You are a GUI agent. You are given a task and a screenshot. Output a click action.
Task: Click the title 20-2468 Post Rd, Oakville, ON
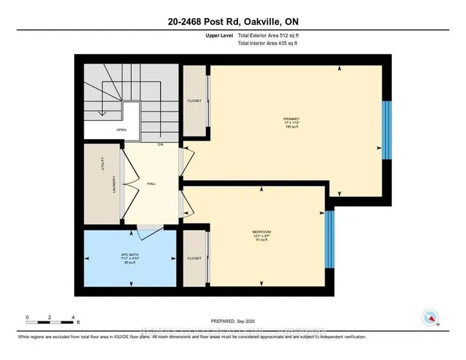click(x=232, y=22)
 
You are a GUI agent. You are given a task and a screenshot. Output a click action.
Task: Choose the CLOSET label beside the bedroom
click(x=194, y=258)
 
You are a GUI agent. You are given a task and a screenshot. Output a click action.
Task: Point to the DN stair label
click(x=159, y=144)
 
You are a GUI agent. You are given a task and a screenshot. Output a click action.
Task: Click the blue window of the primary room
click(x=387, y=129)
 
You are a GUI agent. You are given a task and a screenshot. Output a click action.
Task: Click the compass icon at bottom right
click(x=430, y=318)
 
